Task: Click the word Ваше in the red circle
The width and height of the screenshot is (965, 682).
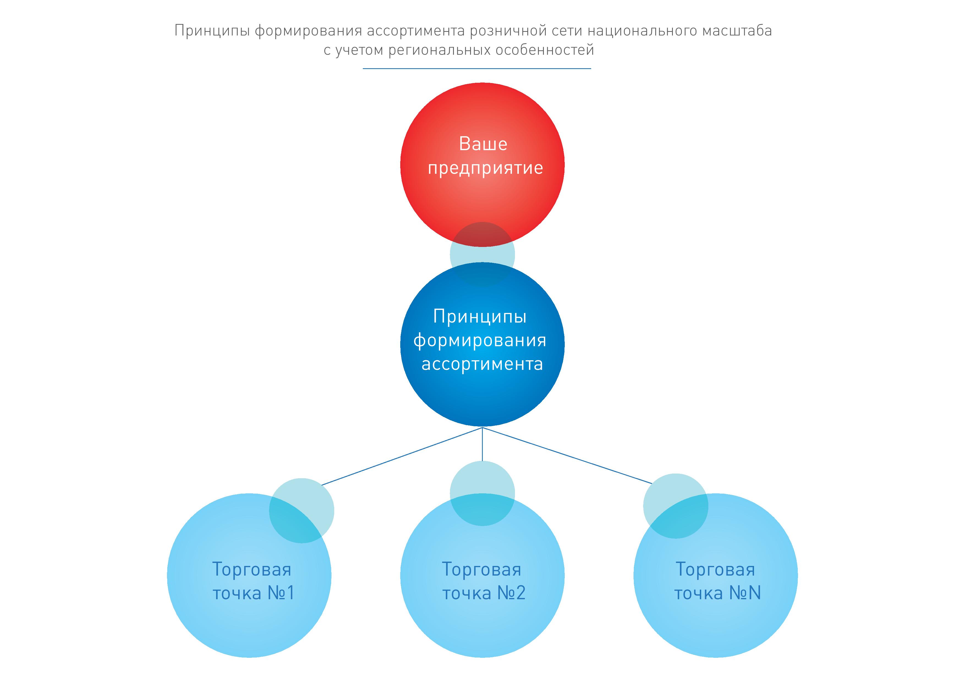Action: (x=483, y=144)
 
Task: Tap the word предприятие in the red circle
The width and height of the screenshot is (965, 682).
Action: (x=486, y=168)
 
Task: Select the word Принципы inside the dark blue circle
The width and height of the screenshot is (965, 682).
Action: (x=479, y=317)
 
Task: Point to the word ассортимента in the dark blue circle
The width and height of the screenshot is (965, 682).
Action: (x=482, y=364)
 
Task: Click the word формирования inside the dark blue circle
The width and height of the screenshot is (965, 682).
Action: (x=479, y=340)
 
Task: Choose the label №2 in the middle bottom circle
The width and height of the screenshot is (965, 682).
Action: (x=511, y=593)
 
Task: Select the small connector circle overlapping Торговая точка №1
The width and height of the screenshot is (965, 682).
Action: (x=301, y=511)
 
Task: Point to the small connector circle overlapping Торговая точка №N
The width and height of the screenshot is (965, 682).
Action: (x=675, y=506)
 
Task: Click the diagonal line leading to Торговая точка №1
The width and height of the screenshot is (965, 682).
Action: (x=401, y=457)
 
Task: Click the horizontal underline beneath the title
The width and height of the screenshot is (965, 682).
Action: (x=477, y=68)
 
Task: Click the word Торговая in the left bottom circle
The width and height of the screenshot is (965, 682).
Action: (x=251, y=570)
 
